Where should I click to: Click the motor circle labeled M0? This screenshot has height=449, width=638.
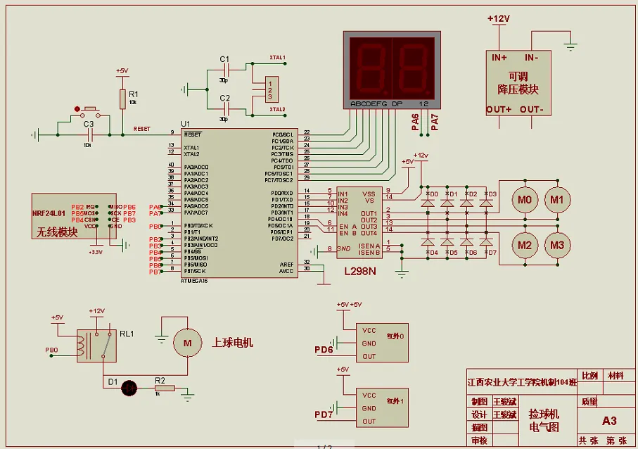pyautogui.click(x=524, y=200)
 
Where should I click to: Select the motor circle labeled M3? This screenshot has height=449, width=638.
pyautogui.click(x=557, y=245)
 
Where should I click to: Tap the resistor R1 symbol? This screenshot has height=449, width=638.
pyautogui.click(x=122, y=99)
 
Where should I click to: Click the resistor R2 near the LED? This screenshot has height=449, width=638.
pyautogui.click(x=164, y=388)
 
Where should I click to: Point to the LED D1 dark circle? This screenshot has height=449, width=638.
pyautogui.click(x=129, y=387)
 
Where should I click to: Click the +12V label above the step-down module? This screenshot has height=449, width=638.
pyautogui.click(x=498, y=18)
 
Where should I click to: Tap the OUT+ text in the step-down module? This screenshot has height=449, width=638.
pyautogui.click(x=499, y=110)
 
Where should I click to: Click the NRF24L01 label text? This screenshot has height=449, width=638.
pyautogui.click(x=49, y=213)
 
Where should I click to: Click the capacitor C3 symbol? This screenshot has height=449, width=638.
pyautogui.click(x=89, y=134)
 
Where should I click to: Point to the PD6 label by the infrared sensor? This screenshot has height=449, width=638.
pyautogui.click(x=324, y=350)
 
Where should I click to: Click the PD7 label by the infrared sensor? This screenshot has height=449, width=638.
pyautogui.click(x=324, y=415)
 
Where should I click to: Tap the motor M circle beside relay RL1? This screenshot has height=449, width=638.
pyautogui.click(x=187, y=343)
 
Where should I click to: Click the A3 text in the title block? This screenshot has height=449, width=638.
pyautogui.click(x=609, y=421)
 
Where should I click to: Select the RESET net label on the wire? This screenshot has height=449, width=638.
pyautogui.click(x=141, y=129)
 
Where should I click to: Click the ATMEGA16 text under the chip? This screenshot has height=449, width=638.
pyautogui.click(x=195, y=281)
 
